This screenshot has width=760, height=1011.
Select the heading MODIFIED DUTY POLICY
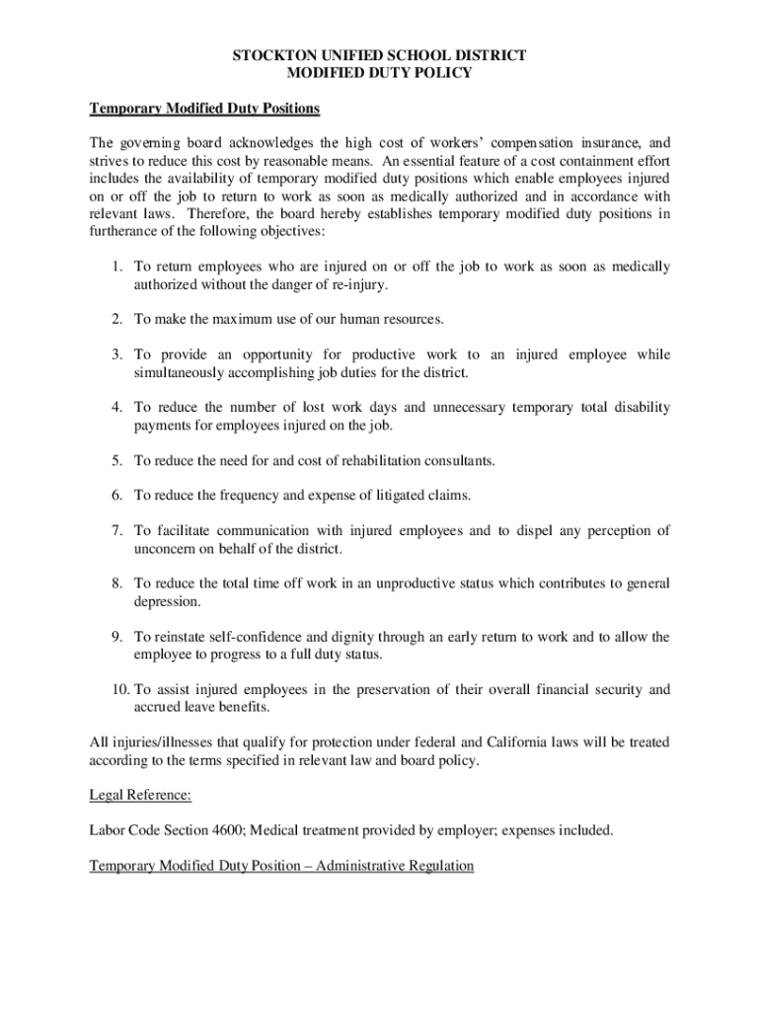(x=379, y=73)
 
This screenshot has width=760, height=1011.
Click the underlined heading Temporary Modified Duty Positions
(x=204, y=108)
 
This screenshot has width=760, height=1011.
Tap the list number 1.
(x=115, y=268)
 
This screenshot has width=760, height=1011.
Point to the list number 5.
(x=115, y=461)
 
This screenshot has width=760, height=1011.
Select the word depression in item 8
(x=167, y=601)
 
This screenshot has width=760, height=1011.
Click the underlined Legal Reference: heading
(x=140, y=795)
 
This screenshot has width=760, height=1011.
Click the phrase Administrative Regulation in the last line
(x=392, y=866)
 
